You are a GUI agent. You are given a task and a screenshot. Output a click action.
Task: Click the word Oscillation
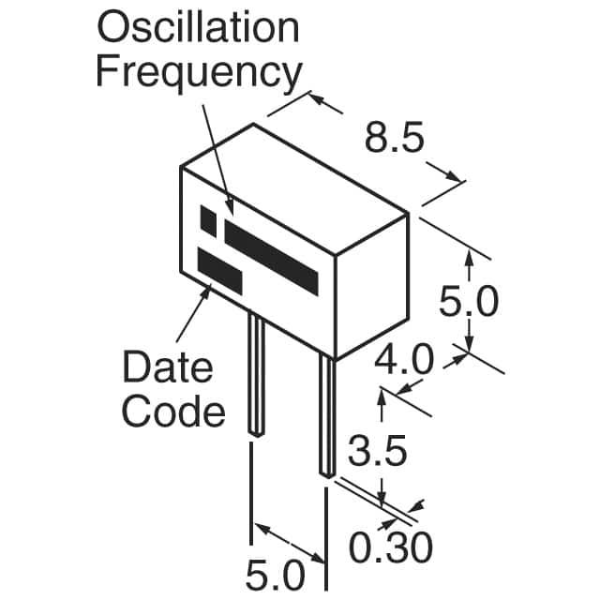[198, 28]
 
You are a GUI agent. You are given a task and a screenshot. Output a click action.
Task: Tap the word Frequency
[199, 72]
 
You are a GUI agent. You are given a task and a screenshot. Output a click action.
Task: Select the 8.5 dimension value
[394, 141]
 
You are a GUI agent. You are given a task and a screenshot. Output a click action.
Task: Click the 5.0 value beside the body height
[469, 303]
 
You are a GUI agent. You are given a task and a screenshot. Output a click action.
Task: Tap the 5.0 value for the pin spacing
[277, 573]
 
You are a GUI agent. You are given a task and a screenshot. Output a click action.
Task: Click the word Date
[168, 367]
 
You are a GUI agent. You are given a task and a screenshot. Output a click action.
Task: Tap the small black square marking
[209, 220]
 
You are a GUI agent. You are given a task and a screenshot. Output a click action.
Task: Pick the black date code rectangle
[218, 270]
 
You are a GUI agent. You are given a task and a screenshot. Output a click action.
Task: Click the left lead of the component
[254, 375]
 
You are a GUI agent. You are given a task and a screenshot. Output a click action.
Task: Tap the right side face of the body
[372, 286]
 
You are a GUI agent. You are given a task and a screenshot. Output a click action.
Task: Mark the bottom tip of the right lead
[325, 474]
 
